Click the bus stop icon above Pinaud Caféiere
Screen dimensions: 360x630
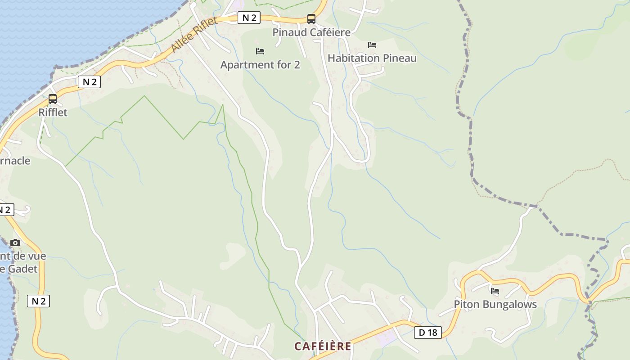pyautogui.click(x=311, y=18)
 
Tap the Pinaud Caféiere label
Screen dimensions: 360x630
pyautogui.click(x=311, y=32)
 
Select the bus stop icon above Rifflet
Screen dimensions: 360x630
pyautogui.click(x=53, y=99)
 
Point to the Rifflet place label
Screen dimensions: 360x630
pyautogui.click(x=53, y=112)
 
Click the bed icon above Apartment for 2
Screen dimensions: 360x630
pyautogui.click(x=260, y=51)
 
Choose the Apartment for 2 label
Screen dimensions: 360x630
pyautogui.click(x=260, y=65)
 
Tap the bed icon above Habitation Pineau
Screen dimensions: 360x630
pyautogui.click(x=372, y=45)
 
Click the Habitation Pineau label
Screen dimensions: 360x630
pyautogui.click(x=372, y=58)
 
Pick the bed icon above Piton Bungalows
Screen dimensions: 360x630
pyautogui.click(x=495, y=291)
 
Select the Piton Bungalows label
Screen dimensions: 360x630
pyautogui.click(x=495, y=304)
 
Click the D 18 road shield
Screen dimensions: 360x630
pyautogui.click(x=427, y=333)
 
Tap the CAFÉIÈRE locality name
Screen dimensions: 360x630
pyautogui.click(x=323, y=346)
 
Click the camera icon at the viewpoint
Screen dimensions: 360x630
pyautogui.click(x=15, y=243)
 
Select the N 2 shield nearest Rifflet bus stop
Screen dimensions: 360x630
pyautogui.click(x=89, y=82)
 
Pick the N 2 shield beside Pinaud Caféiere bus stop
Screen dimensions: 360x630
pyautogui.click(x=249, y=18)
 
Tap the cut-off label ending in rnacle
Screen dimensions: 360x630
pyautogui.click(x=15, y=161)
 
